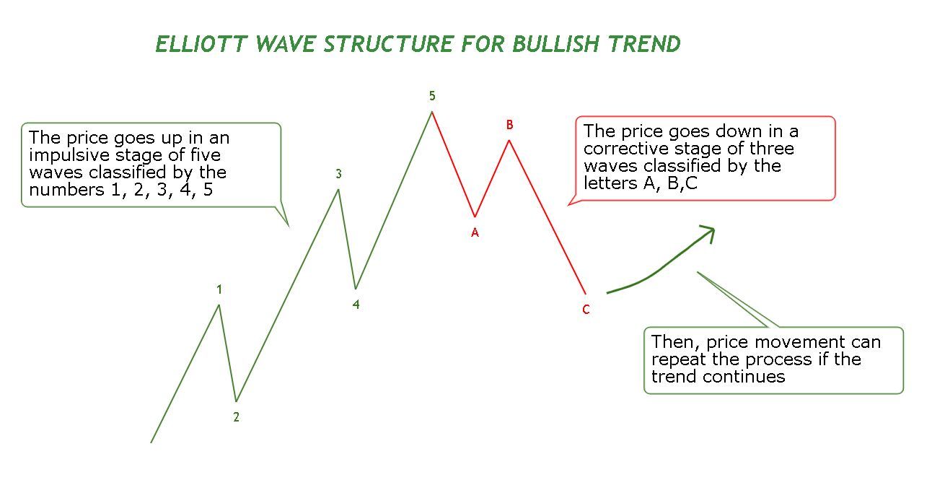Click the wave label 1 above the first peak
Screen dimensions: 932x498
(219, 289)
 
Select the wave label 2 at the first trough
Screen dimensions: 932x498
(237, 417)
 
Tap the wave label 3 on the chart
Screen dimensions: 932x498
(339, 174)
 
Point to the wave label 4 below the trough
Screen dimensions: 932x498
(356, 305)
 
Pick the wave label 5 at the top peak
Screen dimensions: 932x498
(432, 96)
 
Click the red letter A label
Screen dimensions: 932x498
(475, 232)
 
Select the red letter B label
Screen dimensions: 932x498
(510, 124)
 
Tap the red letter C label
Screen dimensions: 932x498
(586, 310)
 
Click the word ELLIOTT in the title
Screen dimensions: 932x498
(202, 44)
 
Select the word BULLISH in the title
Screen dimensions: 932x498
(556, 44)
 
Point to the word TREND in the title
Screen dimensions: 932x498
(644, 44)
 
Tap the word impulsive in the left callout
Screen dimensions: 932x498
(69, 156)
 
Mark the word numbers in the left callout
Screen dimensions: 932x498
(66, 190)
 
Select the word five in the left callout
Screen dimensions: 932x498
(206, 155)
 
